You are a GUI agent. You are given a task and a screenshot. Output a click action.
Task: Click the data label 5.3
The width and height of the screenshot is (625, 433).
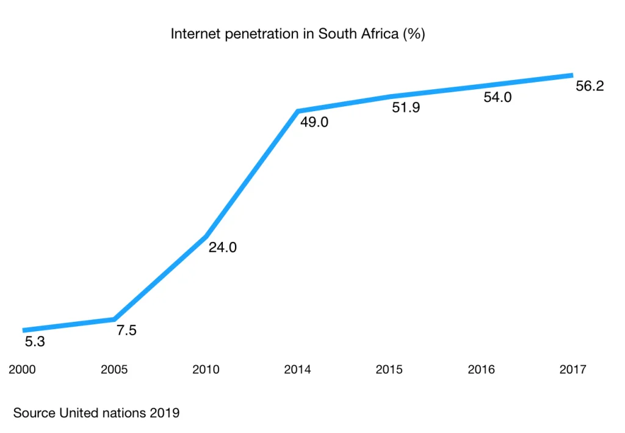(x=35, y=343)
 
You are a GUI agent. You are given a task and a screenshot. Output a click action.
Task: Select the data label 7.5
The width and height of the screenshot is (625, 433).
(x=126, y=331)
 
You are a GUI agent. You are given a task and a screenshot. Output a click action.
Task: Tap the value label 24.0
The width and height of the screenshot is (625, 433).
(x=223, y=248)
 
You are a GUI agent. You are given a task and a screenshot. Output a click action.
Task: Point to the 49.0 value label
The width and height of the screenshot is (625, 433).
(x=314, y=122)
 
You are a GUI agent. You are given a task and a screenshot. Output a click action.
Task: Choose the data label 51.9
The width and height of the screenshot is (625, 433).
(x=406, y=109)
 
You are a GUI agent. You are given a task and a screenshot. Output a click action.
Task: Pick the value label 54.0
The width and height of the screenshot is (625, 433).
(x=497, y=98)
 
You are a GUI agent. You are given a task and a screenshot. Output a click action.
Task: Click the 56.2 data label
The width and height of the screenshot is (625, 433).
(x=590, y=86)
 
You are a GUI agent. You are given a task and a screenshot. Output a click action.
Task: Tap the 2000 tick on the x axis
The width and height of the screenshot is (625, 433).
(x=23, y=369)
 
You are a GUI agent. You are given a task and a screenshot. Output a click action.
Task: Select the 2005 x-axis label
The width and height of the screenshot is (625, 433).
(x=114, y=369)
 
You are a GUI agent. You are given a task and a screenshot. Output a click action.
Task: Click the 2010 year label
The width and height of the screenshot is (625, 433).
(x=206, y=369)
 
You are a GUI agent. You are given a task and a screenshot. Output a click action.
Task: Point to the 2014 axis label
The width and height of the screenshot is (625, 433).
(x=297, y=369)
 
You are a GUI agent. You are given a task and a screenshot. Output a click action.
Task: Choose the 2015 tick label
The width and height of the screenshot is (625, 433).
(x=389, y=369)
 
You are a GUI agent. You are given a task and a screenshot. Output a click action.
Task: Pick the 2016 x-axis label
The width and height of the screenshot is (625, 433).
(x=481, y=369)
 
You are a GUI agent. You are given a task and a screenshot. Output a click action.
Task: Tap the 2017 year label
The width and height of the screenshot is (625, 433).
(x=573, y=369)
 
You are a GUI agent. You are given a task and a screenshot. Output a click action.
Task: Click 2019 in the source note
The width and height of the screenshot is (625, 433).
(x=164, y=413)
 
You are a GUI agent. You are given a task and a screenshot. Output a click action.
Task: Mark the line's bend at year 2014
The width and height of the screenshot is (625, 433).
(x=297, y=111)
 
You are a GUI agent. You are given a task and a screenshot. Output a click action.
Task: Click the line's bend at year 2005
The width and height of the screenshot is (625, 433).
(x=114, y=319)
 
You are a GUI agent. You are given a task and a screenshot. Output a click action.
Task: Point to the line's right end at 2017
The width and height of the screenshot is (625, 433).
(x=571, y=75)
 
